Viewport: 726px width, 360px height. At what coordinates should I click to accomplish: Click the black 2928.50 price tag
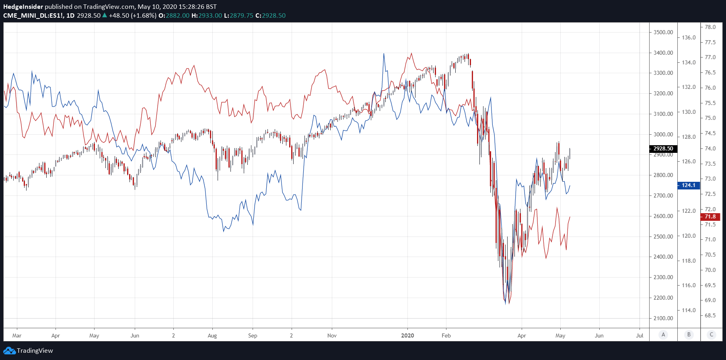663,148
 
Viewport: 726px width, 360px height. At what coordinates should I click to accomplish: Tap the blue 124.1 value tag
689,185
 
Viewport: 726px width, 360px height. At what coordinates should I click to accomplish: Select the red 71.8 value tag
710,217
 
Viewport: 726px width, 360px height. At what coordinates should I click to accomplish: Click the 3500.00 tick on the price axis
663,32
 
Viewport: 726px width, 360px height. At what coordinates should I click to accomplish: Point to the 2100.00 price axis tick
663,318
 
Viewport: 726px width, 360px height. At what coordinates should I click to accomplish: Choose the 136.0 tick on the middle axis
689,37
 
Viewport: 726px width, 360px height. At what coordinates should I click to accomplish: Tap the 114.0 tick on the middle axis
689,310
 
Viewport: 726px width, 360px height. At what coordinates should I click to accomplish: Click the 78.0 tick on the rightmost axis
710,27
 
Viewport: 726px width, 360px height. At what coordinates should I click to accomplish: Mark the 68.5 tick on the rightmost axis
710,315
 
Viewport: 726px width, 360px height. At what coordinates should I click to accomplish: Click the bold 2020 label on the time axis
407,335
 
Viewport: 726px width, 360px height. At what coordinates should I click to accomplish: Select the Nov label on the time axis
332,335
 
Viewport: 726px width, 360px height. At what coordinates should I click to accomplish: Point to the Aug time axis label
212,335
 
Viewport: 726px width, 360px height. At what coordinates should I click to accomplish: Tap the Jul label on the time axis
640,335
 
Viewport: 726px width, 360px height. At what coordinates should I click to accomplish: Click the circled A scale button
663,335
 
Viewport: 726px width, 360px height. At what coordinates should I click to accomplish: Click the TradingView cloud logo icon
9,351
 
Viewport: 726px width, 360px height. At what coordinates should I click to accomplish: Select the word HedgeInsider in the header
23,7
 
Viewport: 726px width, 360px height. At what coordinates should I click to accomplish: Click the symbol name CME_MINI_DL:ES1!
33,16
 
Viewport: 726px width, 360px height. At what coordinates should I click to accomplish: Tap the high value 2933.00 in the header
210,16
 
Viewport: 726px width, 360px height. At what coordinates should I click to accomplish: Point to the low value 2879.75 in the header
241,16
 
